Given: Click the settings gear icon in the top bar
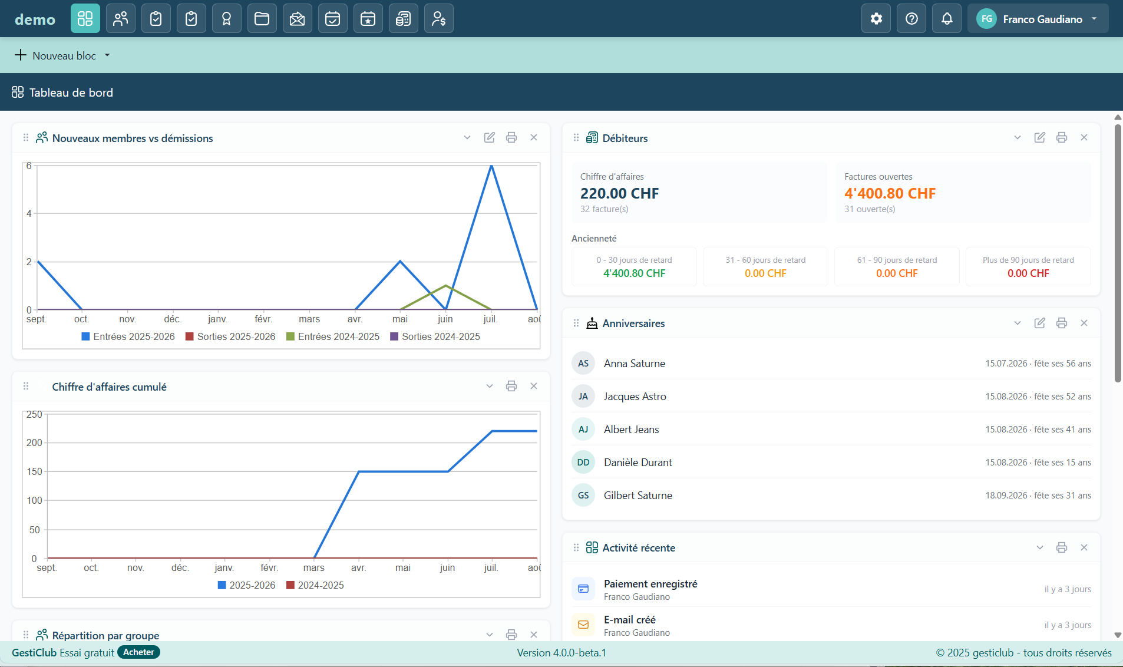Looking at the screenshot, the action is point(876,19).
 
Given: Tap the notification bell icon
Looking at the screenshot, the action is point(947,19).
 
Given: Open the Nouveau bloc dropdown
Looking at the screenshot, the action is point(62,55).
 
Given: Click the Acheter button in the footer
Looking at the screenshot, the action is point(138,652).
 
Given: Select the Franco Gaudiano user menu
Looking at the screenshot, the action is point(1038,19).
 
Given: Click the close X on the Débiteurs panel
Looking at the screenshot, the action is point(1084,137).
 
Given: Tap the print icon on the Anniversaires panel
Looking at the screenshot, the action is point(1062,323).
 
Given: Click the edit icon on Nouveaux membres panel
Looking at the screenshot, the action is point(490,137).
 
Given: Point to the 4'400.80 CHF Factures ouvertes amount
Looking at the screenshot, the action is point(890,193).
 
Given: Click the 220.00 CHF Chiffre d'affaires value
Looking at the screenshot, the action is point(619,193).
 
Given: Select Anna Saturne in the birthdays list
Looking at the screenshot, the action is point(635,364).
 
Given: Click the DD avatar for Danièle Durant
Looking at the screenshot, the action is point(583,463).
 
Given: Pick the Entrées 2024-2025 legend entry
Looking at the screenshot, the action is point(333,336).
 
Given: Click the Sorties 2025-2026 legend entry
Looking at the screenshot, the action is point(230,336).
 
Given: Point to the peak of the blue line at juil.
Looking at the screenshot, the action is point(491,166).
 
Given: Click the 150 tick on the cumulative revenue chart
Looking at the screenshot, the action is point(34,471).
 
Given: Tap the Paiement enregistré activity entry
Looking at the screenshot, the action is point(650,589).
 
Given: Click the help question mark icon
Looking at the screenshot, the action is point(911,19).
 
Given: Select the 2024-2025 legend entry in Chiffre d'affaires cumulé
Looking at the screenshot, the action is point(315,585).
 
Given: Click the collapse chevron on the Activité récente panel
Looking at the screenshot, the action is point(1040,547).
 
